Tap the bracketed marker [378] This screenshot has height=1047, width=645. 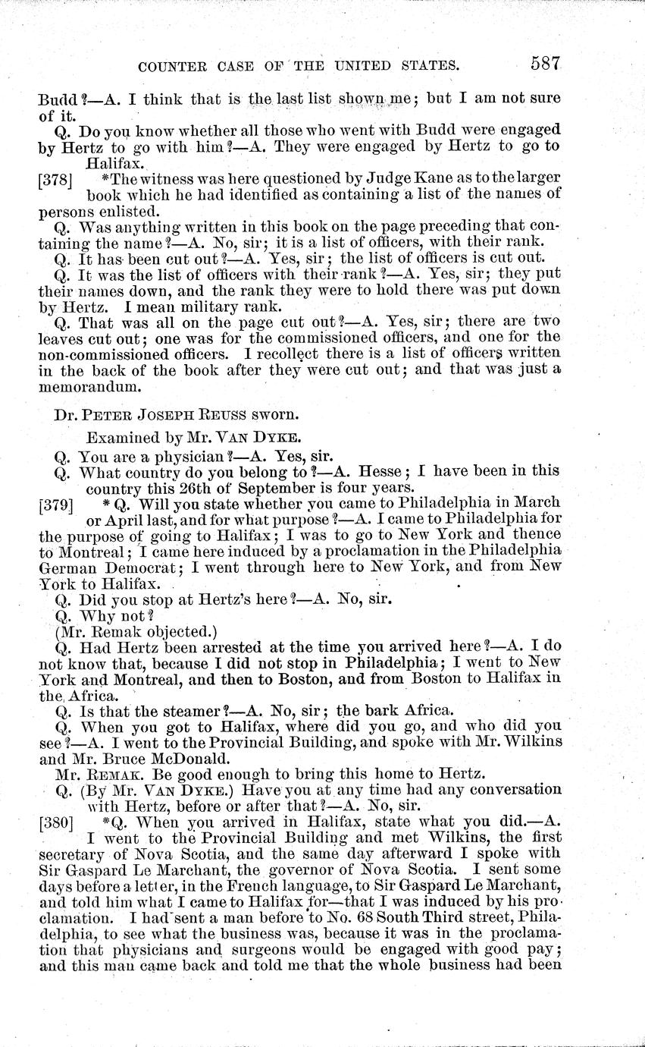54,178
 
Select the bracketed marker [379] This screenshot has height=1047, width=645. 54,503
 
